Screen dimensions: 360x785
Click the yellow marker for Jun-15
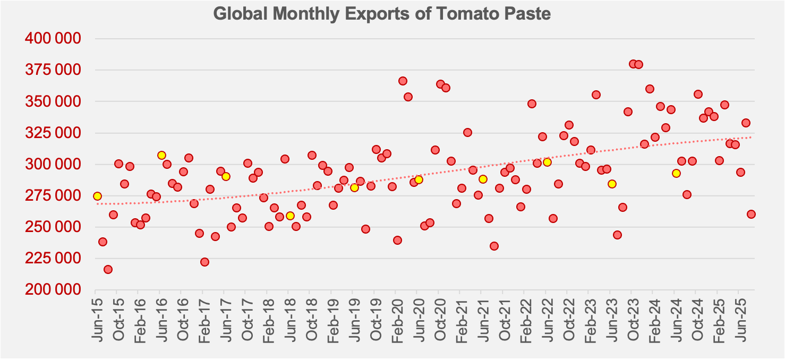coord(97,196)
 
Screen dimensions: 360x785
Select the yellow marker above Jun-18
coord(290,216)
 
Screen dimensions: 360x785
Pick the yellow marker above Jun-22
coord(547,162)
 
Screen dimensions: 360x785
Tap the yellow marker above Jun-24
coord(676,173)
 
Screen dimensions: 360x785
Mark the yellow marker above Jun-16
coord(161,155)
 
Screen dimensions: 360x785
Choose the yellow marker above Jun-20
coord(419,179)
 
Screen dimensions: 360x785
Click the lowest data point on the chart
coord(108,269)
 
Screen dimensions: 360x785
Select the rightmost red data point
coord(751,214)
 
